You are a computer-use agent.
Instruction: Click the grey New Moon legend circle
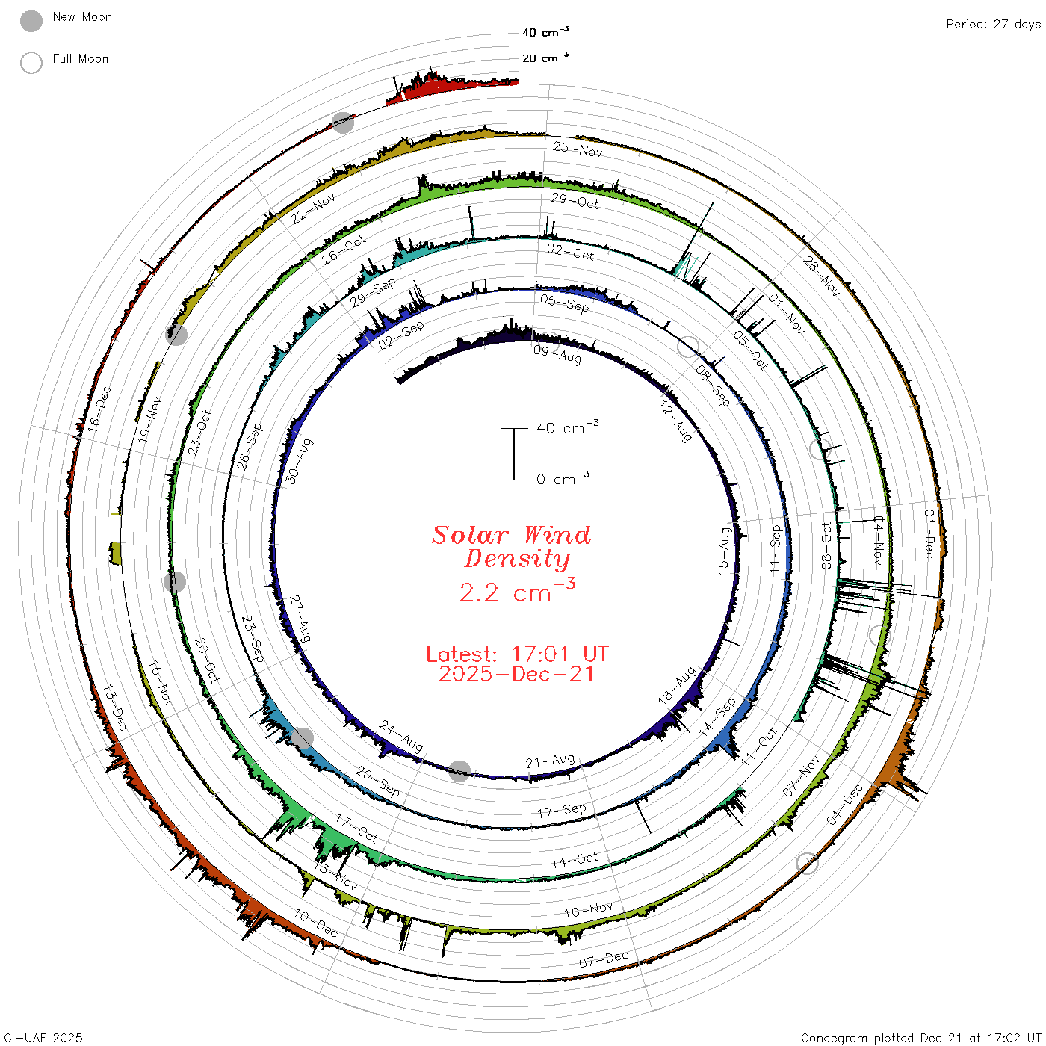(x=31, y=21)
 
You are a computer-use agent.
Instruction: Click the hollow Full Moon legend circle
(x=31, y=63)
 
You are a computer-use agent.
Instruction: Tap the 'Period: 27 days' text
(x=993, y=25)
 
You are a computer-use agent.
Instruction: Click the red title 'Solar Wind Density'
(x=511, y=547)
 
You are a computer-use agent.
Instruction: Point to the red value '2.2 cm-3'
(x=517, y=590)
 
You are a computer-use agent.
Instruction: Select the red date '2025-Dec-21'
(x=516, y=674)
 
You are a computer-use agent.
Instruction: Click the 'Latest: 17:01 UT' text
(x=517, y=654)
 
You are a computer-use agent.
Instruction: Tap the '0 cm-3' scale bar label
(x=563, y=477)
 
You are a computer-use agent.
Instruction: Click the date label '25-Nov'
(x=578, y=149)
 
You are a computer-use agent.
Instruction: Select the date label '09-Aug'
(x=557, y=354)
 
